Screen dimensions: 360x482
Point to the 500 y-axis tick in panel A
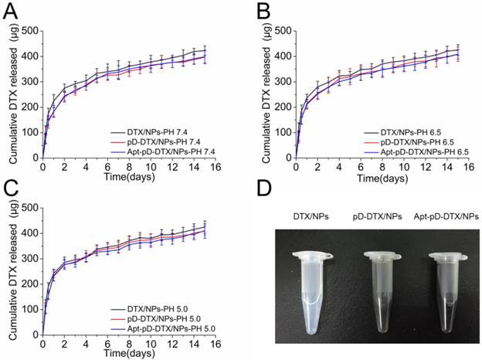pos(27,31)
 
